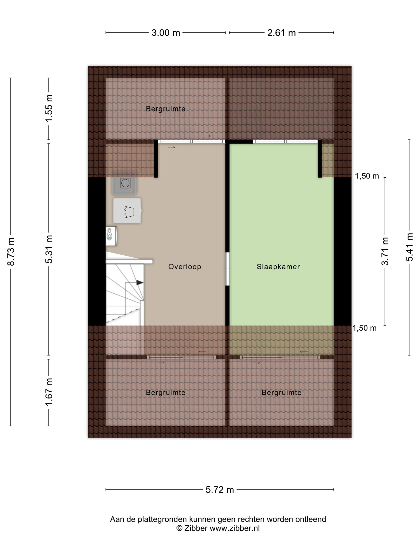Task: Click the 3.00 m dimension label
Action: coord(166,33)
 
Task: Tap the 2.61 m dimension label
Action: coord(282,33)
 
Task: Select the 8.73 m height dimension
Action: coord(11,251)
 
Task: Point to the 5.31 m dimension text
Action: coord(49,249)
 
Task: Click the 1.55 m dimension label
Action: coord(49,108)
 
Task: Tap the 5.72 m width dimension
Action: coord(219,490)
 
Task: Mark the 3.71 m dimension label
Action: coord(385,251)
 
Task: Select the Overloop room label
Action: coord(185,267)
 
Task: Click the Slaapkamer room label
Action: coord(278,267)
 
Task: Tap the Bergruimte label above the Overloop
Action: coord(166,109)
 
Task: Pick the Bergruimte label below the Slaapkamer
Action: coord(282,393)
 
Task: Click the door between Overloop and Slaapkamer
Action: coord(227,269)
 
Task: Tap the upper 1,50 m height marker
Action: coord(367,176)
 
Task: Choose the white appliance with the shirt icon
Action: coord(127,211)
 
